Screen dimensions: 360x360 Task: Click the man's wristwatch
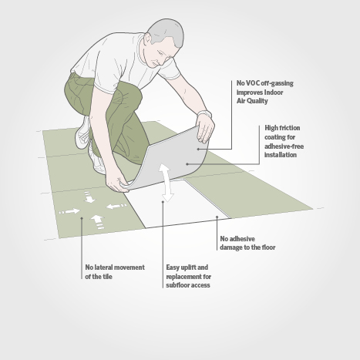tap(205, 113)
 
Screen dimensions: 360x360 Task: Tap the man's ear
tap(147, 39)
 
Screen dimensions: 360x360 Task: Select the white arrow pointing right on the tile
tap(69, 211)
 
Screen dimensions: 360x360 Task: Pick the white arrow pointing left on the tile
tap(116, 206)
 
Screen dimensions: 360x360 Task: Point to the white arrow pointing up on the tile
tap(97, 222)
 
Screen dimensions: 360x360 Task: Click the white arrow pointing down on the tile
tap(89, 197)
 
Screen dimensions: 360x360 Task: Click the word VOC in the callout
tap(251, 83)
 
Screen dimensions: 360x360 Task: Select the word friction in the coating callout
tap(289, 128)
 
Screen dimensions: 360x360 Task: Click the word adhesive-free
tap(284, 146)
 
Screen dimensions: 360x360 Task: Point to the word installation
tap(281, 155)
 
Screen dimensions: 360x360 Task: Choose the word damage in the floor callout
tap(230, 247)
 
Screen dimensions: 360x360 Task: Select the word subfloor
tap(177, 285)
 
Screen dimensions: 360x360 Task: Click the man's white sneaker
tap(82, 133)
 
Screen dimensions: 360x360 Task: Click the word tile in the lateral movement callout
tap(107, 277)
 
